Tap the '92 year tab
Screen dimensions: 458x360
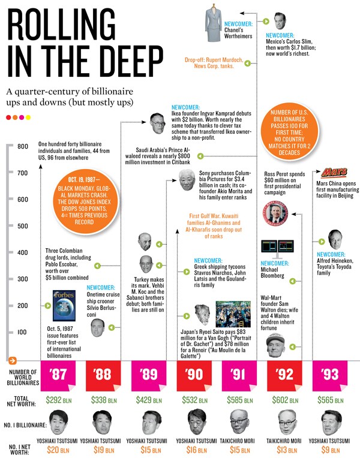pyautogui.click(x=285, y=376)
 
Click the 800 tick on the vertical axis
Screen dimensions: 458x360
pyautogui.click(x=23, y=147)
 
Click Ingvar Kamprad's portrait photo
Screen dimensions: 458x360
pyautogui.click(x=157, y=122)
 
